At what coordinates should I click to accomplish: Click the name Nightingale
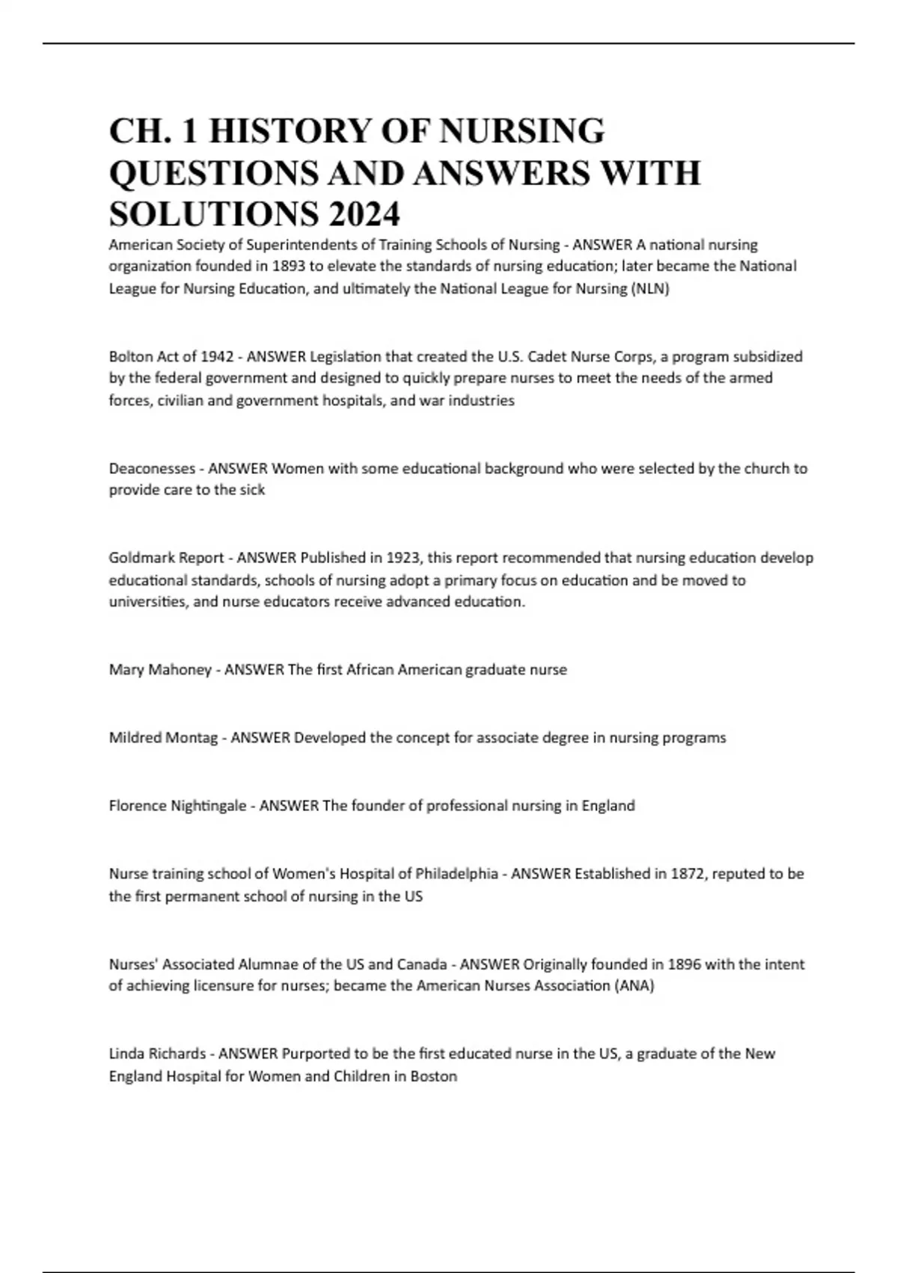pyautogui.click(x=208, y=806)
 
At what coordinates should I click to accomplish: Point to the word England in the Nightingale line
pyautogui.click(x=608, y=806)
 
